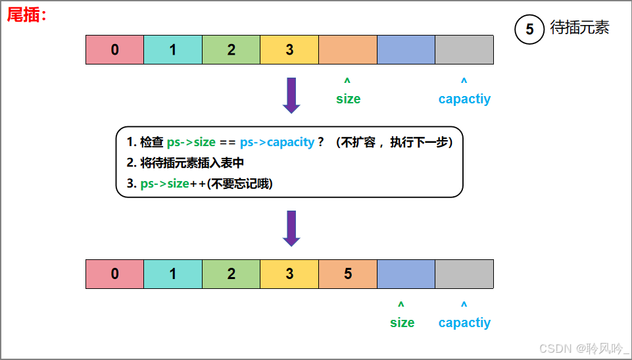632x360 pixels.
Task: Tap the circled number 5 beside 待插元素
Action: coord(529,30)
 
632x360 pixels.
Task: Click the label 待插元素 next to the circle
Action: coord(580,28)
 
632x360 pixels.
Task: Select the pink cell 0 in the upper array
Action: coord(115,49)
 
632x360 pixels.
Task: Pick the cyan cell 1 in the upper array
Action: coord(173,49)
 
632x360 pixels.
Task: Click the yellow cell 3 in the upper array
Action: coord(289,49)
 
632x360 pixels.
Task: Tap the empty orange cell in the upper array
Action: coord(348,49)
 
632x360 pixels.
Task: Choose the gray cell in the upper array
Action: coord(464,49)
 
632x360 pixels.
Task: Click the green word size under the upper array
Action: coord(348,99)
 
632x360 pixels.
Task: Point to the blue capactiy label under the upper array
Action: coord(464,99)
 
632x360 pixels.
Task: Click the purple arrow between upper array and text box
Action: coord(291,95)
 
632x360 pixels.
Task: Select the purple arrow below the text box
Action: coord(291,228)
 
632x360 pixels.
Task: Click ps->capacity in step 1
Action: coord(277,142)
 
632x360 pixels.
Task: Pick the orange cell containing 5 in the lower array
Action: coord(348,274)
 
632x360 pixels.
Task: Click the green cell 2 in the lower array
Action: coord(231,274)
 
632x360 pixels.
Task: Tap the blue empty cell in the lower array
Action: coord(406,274)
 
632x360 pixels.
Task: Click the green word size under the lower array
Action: coord(402,322)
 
